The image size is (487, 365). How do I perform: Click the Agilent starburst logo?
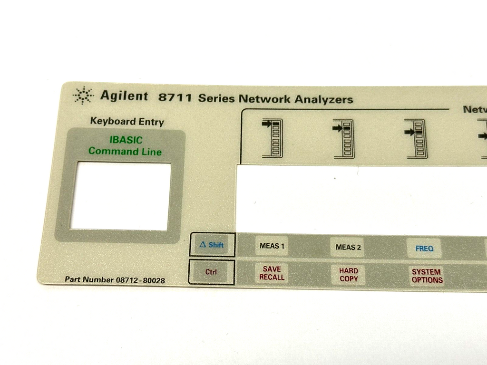pos(83,95)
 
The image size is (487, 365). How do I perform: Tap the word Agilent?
pos(124,96)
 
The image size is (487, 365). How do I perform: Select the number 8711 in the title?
pos(175,97)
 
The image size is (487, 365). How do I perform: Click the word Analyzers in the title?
pos(323,99)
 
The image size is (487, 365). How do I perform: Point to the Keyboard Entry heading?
pos(127,121)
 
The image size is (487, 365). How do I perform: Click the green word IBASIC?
pos(126,140)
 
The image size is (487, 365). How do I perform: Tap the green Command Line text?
pos(125,152)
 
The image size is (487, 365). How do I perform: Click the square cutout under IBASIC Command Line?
pos(120,196)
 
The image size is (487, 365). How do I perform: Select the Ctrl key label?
pos(211,272)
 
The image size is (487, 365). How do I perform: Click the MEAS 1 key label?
pos(272,246)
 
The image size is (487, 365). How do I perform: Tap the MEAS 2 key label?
pos(348,247)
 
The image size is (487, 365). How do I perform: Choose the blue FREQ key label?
pos(424,249)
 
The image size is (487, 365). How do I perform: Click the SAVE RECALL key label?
pos(272,273)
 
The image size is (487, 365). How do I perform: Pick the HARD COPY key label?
pos(349,275)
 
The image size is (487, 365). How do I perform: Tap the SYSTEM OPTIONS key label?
pos(427,276)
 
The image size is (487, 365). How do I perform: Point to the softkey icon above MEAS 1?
pos(272,138)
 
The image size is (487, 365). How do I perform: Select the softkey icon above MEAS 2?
pos(343,139)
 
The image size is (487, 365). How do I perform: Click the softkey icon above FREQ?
pos(416,139)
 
